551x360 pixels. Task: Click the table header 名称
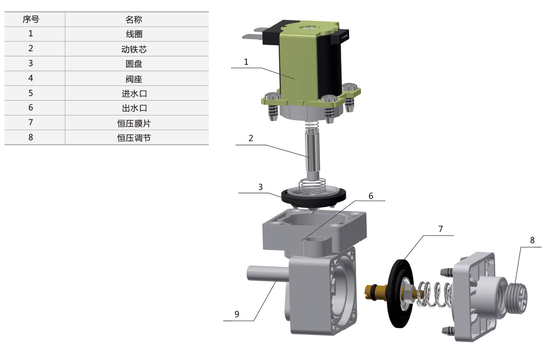tap(134, 20)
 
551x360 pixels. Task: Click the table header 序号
tap(31, 20)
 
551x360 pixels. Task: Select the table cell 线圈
tap(134, 34)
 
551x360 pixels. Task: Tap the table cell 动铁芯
tap(134, 49)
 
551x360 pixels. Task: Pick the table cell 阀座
tap(134, 79)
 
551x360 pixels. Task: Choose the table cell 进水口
tap(134, 94)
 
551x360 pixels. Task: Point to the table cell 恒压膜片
tap(134, 123)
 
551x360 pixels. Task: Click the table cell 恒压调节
tap(134, 138)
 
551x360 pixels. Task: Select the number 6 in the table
tap(31, 108)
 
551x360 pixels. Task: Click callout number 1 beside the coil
tap(246, 62)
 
